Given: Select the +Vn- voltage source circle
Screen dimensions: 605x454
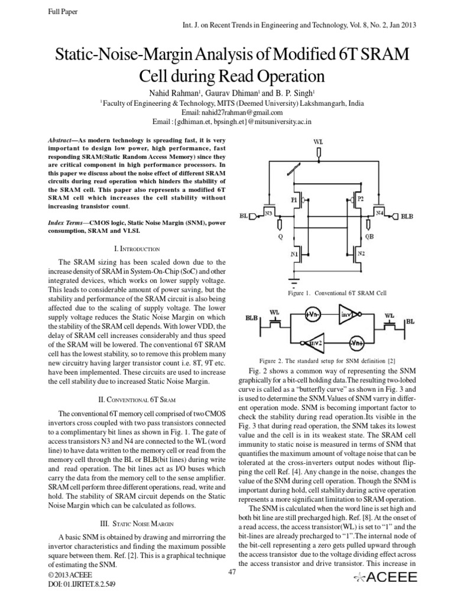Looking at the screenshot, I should click(x=313, y=315).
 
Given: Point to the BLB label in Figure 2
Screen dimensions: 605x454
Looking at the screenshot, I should click(x=252, y=317).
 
